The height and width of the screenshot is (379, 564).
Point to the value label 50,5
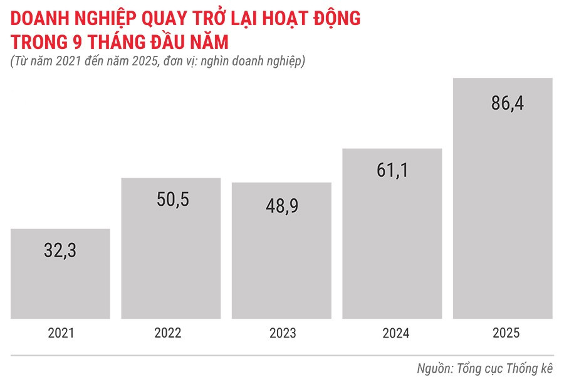click(171, 200)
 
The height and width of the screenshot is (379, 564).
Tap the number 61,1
click(392, 169)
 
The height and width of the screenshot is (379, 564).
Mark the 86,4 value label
click(506, 102)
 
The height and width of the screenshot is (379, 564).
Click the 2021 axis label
click(61, 334)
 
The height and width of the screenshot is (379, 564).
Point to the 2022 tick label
click(171, 334)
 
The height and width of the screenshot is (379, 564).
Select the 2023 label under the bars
click(282, 334)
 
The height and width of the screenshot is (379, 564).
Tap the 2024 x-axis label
click(393, 334)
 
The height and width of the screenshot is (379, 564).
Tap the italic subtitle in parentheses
click(157, 61)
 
